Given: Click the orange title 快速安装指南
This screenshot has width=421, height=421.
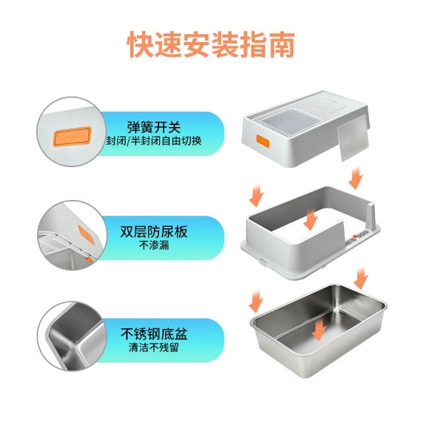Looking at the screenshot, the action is (x=210, y=44).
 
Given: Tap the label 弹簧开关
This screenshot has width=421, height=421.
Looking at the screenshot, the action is (x=154, y=127).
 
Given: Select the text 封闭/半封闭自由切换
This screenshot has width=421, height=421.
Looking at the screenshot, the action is (x=154, y=141).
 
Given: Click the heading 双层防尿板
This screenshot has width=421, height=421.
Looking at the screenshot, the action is (x=154, y=232).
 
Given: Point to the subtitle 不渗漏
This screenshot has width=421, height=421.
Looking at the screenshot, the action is (x=154, y=245).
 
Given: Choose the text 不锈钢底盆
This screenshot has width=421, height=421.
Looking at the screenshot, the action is (x=154, y=334).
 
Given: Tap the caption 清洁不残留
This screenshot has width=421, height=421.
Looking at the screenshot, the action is (x=154, y=348).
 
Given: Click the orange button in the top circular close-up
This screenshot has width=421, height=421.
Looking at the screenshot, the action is (x=72, y=137).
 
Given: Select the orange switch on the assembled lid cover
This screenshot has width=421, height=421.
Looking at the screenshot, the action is (x=263, y=141).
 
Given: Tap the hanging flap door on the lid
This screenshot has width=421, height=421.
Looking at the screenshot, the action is (x=353, y=137).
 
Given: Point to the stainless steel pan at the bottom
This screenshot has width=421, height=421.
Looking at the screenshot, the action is (x=318, y=330).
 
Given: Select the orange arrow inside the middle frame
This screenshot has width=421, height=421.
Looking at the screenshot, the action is (x=311, y=220).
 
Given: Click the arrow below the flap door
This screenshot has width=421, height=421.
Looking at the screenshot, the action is (x=356, y=178).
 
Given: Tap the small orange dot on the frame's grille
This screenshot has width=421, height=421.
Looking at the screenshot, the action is (x=355, y=236).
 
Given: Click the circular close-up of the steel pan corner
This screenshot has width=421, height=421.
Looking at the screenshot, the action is (x=72, y=336).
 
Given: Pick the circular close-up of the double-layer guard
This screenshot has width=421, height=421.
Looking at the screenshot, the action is (x=72, y=235).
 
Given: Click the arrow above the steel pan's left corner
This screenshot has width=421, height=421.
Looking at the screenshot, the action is (x=256, y=301).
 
